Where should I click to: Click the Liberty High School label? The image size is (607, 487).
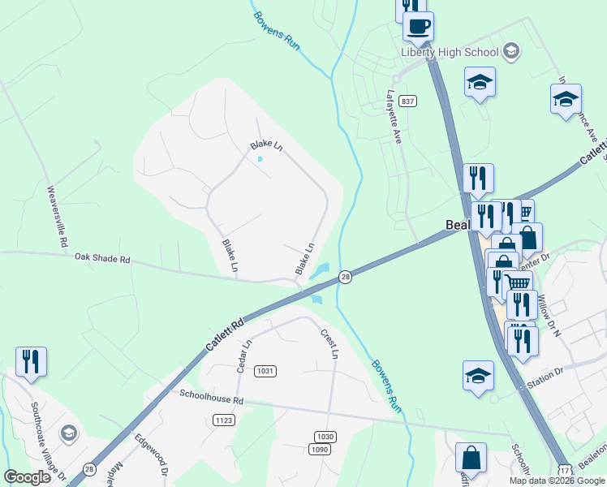point(449,52)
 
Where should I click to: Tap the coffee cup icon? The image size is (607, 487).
point(418,26)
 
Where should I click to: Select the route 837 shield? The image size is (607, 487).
point(407,101)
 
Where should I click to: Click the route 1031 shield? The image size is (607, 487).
point(265,371)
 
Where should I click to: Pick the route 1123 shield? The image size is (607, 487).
point(225,420)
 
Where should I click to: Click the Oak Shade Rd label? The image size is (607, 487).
point(102,259)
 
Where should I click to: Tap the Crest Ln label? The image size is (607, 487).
point(329,343)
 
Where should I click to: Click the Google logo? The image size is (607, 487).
point(28,477)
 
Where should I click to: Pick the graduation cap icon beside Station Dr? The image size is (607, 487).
point(479,376)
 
